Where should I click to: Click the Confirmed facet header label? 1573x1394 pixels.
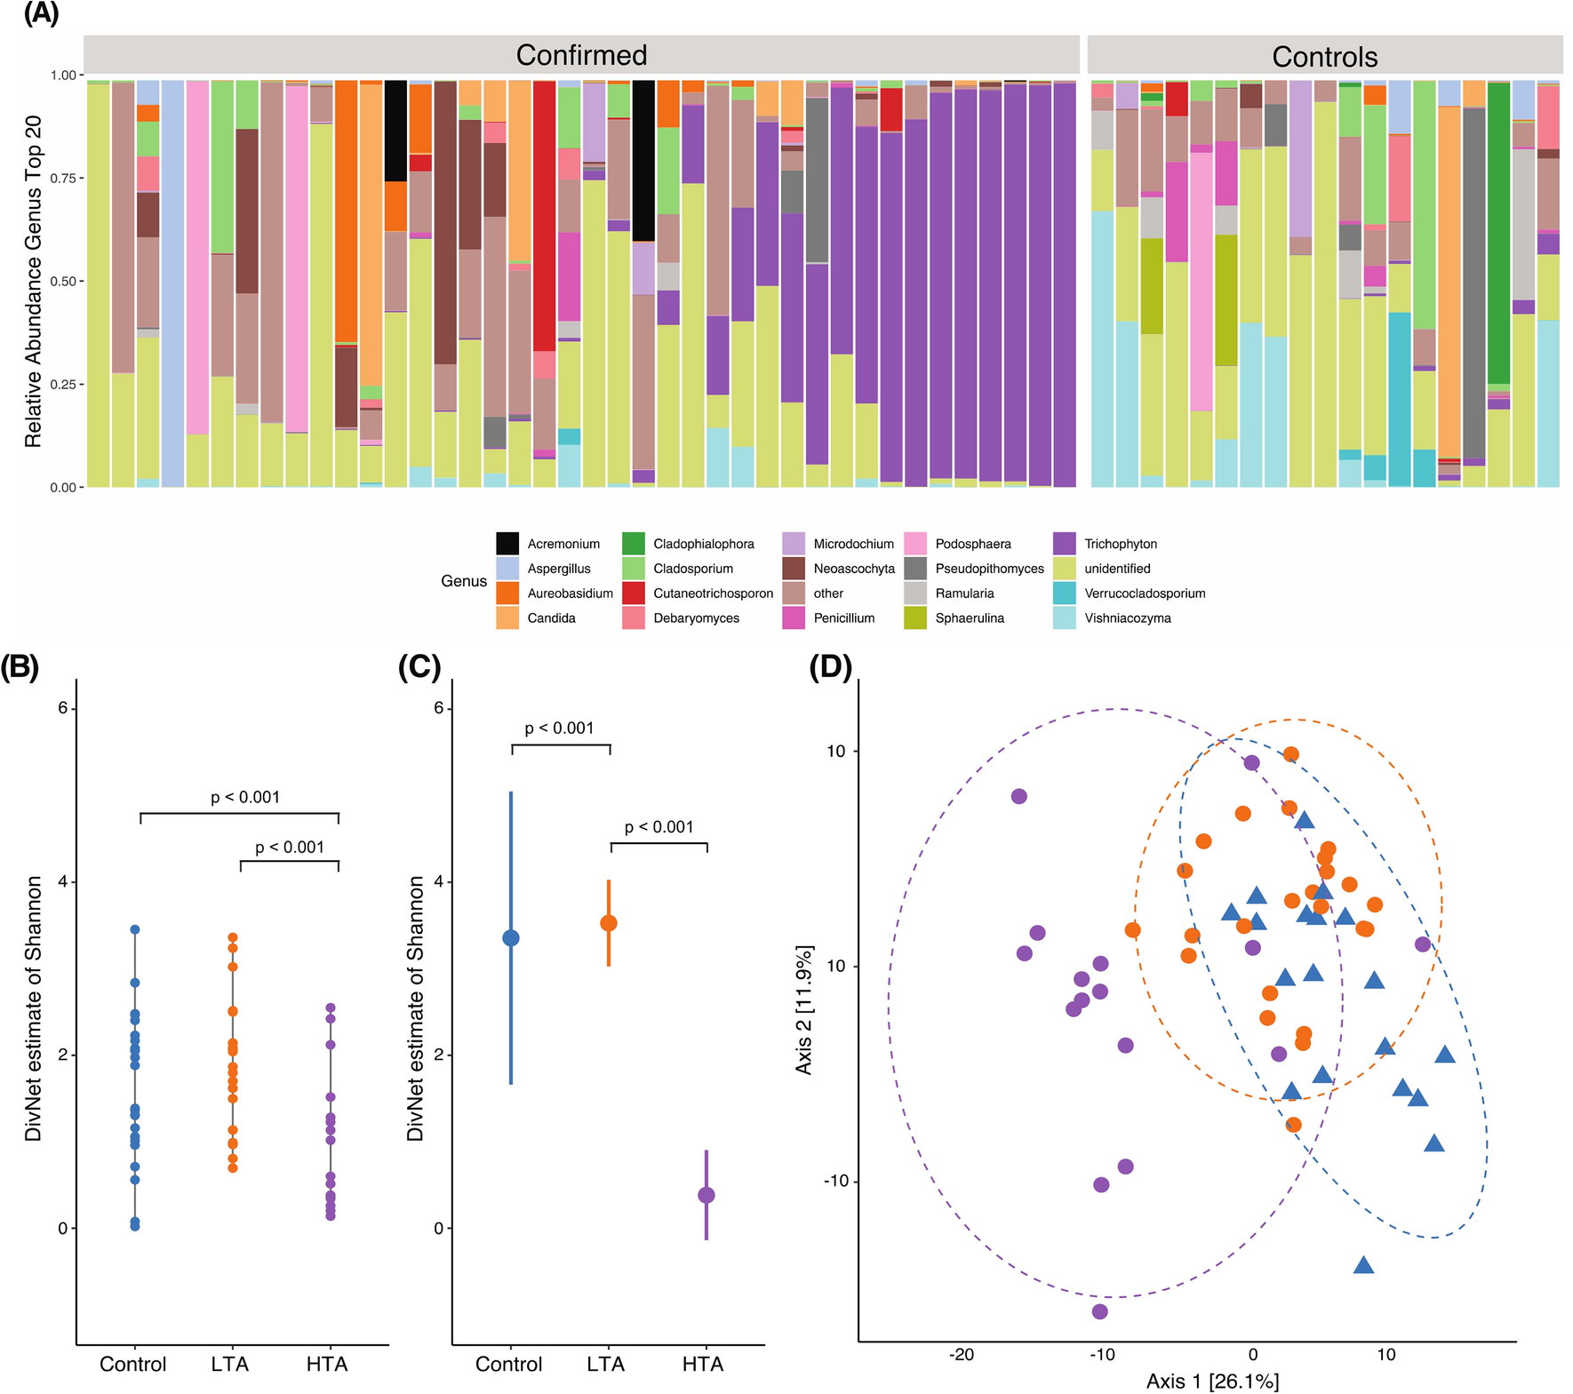[x=581, y=55]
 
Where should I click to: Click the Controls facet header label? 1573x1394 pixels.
[x=1324, y=57]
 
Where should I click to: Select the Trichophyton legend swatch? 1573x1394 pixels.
[x=1064, y=544]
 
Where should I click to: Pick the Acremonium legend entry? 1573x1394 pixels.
[x=563, y=544]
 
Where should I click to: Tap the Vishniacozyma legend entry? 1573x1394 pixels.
[x=1127, y=618]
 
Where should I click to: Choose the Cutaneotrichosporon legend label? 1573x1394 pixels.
[x=713, y=593]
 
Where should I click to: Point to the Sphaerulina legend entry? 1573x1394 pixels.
[x=969, y=618]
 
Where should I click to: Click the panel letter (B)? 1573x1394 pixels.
[x=20, y=666]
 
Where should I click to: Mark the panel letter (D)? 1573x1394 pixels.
[x=830, y=666]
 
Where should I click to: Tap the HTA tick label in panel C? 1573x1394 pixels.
[x=703, y=1364]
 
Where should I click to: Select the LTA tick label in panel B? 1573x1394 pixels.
[x=230, y=1364]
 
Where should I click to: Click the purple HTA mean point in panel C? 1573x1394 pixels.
[x=707, y=1195]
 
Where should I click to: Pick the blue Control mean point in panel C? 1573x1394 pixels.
[x=511, y=938]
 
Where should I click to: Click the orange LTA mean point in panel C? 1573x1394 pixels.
[x=609, y=923]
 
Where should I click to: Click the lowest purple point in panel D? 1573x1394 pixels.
[x=1099, y=1311]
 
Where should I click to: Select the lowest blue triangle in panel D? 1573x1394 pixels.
[x=1363, y=1265]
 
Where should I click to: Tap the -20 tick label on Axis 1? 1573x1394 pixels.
[x=962, y=1355]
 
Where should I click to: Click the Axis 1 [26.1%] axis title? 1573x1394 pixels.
[x=1212, y=1381]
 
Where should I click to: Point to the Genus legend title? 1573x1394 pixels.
[x=464, y=581]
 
